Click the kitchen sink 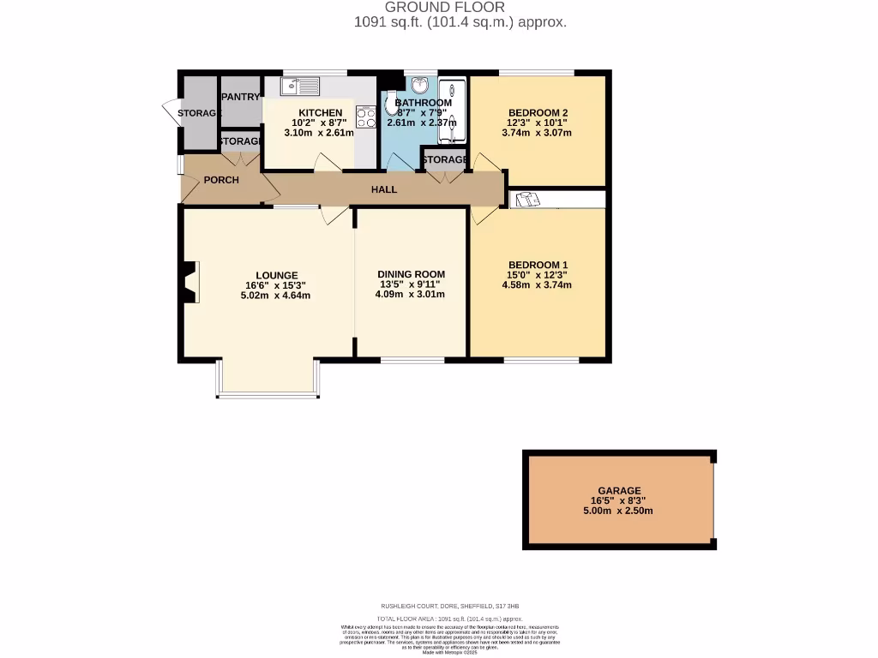299,86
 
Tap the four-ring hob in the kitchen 367,117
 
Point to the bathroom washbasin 421,85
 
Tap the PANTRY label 241,97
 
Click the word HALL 384,189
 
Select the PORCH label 221,180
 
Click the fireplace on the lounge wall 189,282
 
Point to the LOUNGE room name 276,275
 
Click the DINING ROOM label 412,274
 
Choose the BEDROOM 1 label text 538,265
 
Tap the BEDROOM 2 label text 538,112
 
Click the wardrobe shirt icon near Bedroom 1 525,200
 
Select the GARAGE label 619,491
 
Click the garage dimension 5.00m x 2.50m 619,511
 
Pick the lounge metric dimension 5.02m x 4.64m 276,296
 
